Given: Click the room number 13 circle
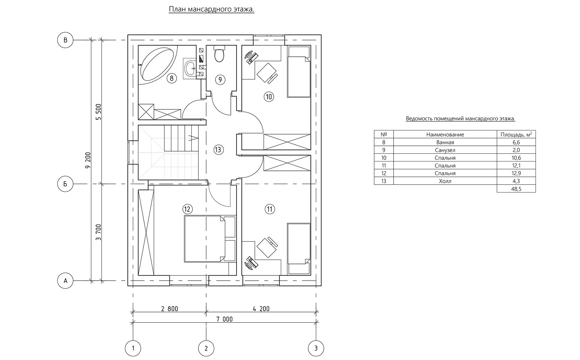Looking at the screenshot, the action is [218, 149].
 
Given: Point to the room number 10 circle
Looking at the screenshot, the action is [269, 97].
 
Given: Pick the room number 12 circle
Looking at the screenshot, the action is [187, 209].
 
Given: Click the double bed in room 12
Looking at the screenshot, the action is [209, 239].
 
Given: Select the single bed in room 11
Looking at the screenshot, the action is [299, 249].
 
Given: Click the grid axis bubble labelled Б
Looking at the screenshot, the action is [65, 184].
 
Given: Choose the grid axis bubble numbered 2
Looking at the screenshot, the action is [206, 349].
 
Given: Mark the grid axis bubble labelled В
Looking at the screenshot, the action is [65, 40].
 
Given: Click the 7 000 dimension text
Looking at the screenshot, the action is [224, 319].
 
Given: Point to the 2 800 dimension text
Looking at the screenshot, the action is [170, 309].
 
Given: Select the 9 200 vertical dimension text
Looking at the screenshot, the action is [88, 160].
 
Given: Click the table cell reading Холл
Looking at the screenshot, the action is [445, 181].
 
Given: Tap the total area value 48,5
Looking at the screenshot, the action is [516, 189].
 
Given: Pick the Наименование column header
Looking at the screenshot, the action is [445, 134].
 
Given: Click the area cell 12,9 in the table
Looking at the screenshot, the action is [516, 173].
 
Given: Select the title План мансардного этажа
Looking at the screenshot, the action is [211, 9].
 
